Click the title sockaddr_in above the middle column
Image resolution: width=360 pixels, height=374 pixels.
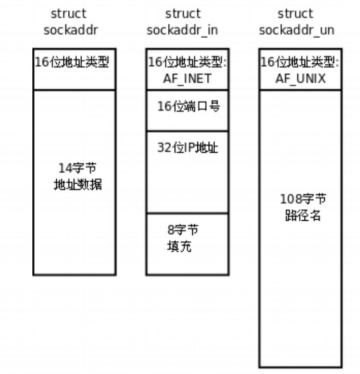[x=182, y=29]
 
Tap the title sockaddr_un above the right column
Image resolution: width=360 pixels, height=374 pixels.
[x=296, y=29]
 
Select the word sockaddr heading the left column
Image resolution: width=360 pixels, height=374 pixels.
[x=71, y=29]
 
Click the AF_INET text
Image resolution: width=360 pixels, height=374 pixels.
[x=187, y=79]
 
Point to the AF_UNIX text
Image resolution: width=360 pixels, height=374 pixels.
[x=300, y=79]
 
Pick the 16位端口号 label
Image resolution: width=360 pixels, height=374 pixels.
[x=188, y=106]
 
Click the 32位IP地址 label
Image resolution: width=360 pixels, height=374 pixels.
[x=187, y=148]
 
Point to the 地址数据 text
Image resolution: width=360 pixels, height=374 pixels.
[x=78, y=185]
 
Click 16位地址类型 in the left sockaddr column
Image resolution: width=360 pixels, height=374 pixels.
[x=72, y=62]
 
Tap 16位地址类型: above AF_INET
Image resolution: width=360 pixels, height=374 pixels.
[x=187, y=62]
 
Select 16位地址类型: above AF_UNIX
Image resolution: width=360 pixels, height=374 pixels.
[x=300, y=62]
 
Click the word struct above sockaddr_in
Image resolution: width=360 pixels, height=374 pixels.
[x=182, y=14]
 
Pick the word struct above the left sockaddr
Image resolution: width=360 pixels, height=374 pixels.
[x=69, y=14]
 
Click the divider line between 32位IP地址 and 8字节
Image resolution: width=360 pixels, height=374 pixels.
[x=187, y=213]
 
